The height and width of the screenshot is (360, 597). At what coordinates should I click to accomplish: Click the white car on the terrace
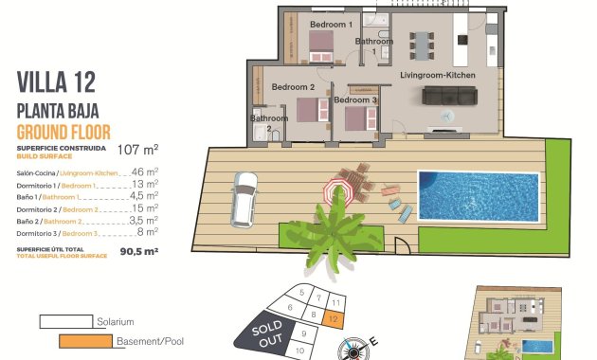click(244, 198)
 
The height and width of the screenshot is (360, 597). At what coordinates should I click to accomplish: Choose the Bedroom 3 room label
click(355, 99)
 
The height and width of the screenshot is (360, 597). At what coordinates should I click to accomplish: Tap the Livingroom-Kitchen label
click(438, 74)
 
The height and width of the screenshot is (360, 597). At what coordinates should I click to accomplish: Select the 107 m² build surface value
click(137, 149)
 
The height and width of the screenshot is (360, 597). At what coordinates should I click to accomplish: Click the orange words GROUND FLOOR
click(64, 131)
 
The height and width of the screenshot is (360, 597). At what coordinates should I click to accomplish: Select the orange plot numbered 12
click(335, 319)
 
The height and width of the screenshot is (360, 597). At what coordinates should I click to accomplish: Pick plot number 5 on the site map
click(300, 294)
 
